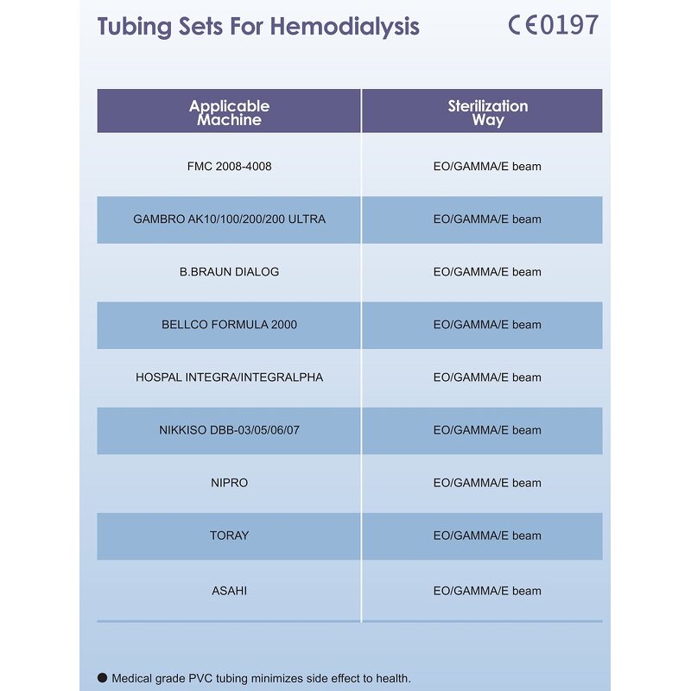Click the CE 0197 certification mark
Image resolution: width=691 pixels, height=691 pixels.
point(553,25)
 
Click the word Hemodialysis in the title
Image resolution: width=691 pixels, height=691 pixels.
point(348,26)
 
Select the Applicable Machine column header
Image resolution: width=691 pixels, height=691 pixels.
point(229,112)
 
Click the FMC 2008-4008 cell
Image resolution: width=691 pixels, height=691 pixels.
point(229,166)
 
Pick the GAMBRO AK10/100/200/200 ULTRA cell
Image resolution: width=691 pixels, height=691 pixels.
point(229,219)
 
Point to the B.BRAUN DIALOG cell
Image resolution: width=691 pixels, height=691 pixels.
point(229,272)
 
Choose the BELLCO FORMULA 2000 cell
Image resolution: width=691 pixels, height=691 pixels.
point(229,325)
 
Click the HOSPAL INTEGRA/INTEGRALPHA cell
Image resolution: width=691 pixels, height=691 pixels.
point(229,377)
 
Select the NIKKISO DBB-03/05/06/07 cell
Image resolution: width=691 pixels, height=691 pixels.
point(229,430)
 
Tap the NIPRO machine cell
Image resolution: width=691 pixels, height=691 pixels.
point(229,483)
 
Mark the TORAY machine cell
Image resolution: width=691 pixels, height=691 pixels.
point(229,536)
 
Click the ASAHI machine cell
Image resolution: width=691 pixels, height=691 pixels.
point(229,591)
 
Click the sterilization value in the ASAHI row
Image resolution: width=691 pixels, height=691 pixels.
point(487,591)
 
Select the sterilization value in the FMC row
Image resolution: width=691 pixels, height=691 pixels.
point(487,166)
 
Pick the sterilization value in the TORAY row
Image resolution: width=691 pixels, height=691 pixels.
point(487,536)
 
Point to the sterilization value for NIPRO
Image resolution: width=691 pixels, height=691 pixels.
point(487,483)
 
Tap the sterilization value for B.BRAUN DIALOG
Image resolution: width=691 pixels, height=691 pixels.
point(487,272)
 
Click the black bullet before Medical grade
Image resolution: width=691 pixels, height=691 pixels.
point(103,678)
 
